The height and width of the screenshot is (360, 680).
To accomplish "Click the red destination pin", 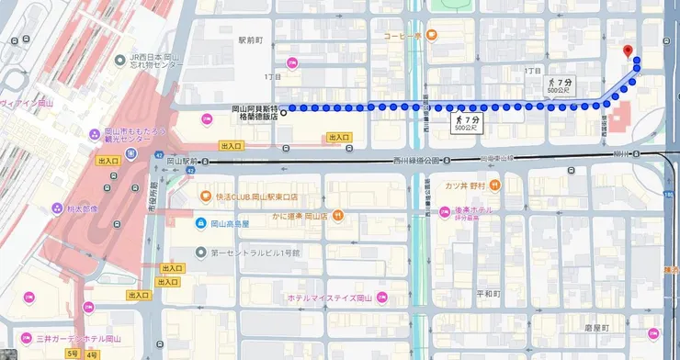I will [628, 51].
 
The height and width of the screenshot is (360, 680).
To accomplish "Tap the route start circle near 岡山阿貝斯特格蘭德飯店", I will [282, 114].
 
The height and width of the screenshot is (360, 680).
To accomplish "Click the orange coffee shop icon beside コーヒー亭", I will [432, 36].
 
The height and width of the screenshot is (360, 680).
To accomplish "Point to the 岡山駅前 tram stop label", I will [185, 162].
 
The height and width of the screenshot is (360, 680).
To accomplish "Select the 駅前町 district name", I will [250, 40].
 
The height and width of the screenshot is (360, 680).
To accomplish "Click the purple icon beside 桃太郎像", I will [57, 208].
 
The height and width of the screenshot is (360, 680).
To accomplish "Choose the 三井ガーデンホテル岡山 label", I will [76, 338].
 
